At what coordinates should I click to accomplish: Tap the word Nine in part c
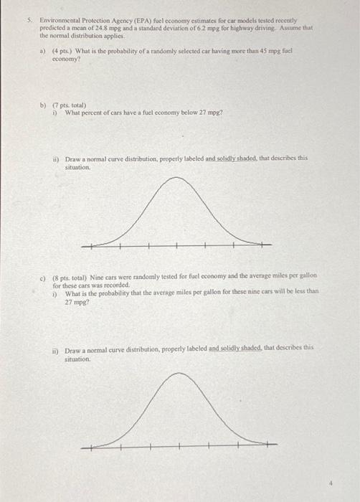98,275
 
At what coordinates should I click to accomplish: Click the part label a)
42,50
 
